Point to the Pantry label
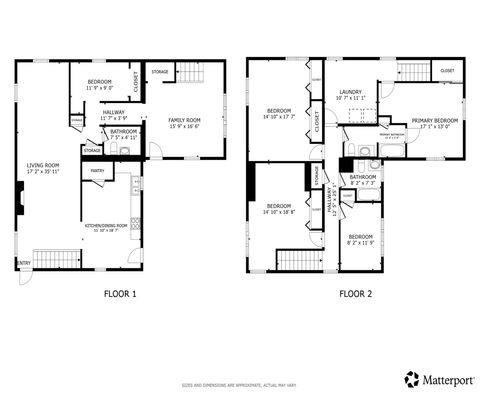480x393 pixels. tap(97, 171)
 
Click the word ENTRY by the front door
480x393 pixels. tap(22, 264)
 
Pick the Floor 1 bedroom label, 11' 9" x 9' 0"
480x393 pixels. tap(100, 83)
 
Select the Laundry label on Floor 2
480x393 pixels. tap(351, 94)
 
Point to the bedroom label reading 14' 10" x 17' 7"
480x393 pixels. tap(279, 113)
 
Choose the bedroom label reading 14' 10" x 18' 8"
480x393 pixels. tap(279, 209)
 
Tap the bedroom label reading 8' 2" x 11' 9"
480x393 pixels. tap(360, 239)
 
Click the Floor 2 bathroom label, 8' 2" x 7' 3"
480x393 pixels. tap(362, 180)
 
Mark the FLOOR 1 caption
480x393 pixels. tap(119, 294)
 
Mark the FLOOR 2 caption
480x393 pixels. tap(354, 294)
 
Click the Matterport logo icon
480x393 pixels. tap(411, 379)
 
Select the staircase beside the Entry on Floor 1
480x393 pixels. tap(56, 258)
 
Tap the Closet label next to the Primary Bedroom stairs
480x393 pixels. tap(447, 71)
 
